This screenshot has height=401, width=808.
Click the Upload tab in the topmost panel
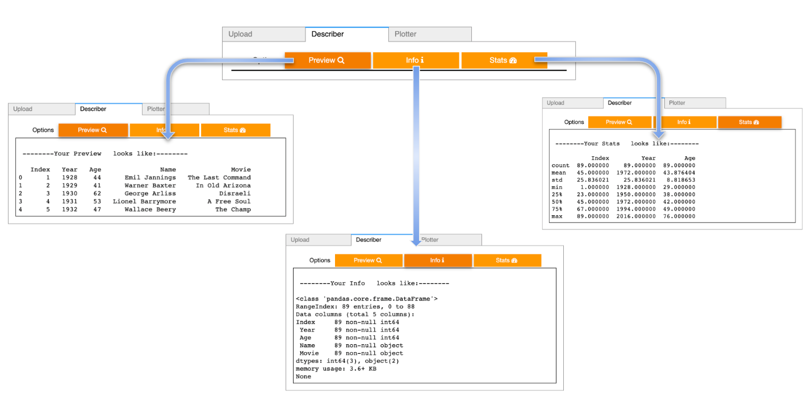coord(240,34)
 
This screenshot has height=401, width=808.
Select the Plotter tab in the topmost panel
coord(405,34)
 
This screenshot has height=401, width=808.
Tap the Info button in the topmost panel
coord(415,60)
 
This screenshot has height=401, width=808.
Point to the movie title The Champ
coord(233,210)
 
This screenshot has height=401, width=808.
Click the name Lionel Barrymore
coord(144,202)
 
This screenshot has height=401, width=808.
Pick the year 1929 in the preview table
coord(70,186)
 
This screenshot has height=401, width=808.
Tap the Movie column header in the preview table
coord(241,170)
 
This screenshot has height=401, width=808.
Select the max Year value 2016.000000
coord(636,216)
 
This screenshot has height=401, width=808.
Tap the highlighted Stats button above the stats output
coord(749,122)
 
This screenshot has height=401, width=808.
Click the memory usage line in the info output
coord(336,369)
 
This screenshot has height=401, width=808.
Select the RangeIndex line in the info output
coord(355,307)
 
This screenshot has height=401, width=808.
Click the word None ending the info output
coord(304,377)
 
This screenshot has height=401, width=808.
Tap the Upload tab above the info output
coord(300,240)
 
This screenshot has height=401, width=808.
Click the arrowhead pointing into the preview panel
coord(168,134)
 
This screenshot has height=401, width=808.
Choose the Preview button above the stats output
coord(619,122)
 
